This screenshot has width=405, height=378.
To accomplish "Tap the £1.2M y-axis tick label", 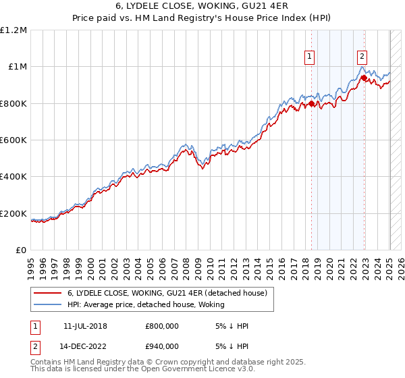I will coord(14,30).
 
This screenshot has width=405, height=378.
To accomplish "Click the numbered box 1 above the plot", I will coord(309,57).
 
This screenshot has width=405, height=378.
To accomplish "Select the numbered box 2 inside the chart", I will coord(362,57).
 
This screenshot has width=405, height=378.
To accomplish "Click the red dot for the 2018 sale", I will coord(312,103).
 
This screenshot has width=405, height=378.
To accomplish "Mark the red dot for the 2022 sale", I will coord(364,78).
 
